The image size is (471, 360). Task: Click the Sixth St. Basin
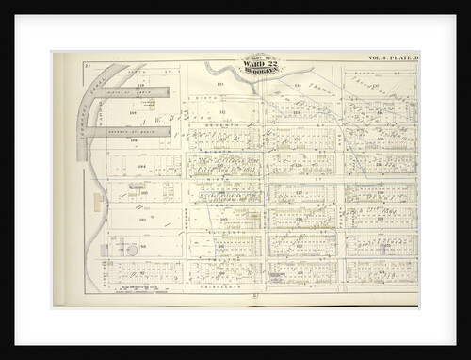pos(137,92)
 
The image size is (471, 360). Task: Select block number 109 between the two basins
pos(133,114)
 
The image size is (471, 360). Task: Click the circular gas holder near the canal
pos(132,250)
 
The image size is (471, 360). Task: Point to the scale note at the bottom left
pos(141,288)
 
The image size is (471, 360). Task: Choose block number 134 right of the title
pos(298,85)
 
